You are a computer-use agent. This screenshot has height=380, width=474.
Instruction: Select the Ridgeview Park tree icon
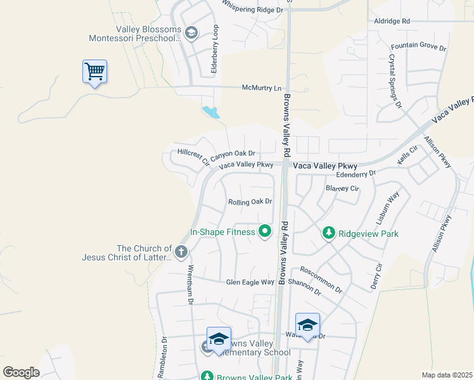(x=328, y=234)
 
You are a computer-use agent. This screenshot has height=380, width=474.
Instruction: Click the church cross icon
(x=181, y=252)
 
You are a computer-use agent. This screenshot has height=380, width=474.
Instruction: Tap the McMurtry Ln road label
(x=261, y=88)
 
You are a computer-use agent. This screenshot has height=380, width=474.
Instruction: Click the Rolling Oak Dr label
(x=250, y=202)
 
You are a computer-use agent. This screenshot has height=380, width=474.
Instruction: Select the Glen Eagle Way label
(x=250, y=282)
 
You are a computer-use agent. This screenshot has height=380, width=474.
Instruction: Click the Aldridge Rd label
(x=392, y=21)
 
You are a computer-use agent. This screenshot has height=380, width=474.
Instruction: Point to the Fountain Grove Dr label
(x=419, y=47)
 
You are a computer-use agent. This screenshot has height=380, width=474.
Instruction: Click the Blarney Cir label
(x=342, y=188)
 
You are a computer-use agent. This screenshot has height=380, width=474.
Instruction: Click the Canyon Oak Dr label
(x=233, y=154)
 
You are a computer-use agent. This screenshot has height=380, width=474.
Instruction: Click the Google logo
(x=21, y=372)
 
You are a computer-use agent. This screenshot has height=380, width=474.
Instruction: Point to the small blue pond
(x=210, y=113)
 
